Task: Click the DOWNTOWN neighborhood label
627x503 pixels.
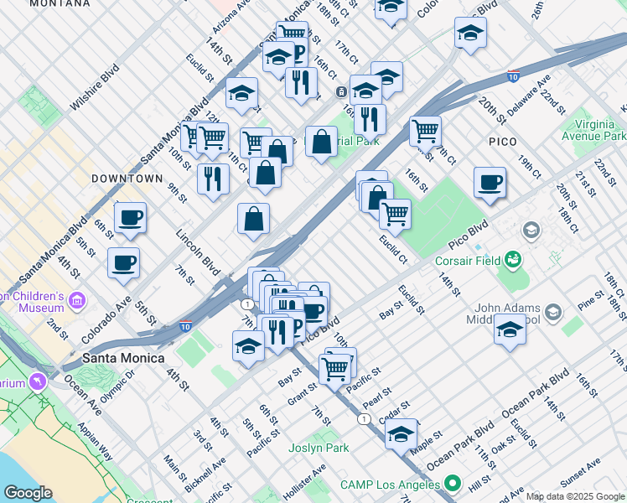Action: point(127,179)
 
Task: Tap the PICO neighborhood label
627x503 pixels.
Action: point(502,142)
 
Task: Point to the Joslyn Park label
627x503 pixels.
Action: point(319,448)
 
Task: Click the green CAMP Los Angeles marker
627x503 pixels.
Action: point(453,484)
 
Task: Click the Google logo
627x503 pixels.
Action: point(28,493)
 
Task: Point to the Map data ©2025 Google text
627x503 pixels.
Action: point(575,496)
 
